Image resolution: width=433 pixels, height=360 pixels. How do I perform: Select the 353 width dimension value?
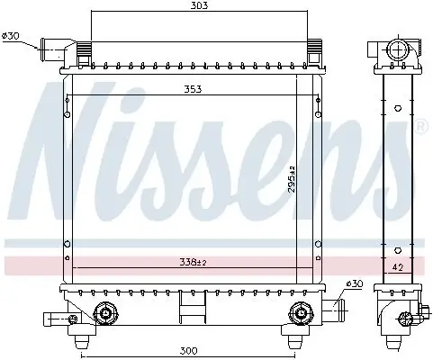click(x=191, y=90)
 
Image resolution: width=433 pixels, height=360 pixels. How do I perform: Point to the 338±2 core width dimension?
click(x=191, y=264)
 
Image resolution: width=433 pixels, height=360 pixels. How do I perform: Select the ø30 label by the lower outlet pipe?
click(x=356, y=284)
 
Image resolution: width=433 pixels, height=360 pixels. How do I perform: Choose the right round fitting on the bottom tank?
click(x=298, y=313)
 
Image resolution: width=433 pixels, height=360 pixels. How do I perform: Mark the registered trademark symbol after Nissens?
click(x=421, y=128)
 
